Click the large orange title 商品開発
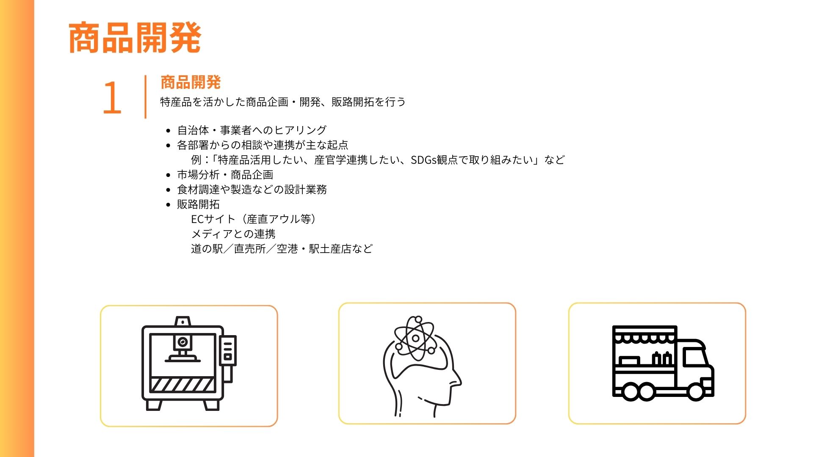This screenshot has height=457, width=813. coord(135,38)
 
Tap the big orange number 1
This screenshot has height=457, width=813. coord(112,97)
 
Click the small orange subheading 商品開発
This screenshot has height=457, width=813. coord(191,83)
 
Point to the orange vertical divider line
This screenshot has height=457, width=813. coord(145,96)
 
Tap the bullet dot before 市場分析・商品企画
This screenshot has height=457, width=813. coord(169,175)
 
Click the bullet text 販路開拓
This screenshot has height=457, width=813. coord(198,204)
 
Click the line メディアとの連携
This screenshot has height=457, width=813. coord(233,234)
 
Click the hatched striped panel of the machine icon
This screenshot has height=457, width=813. coord(183,384)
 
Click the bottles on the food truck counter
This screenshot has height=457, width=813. coord(662,359)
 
